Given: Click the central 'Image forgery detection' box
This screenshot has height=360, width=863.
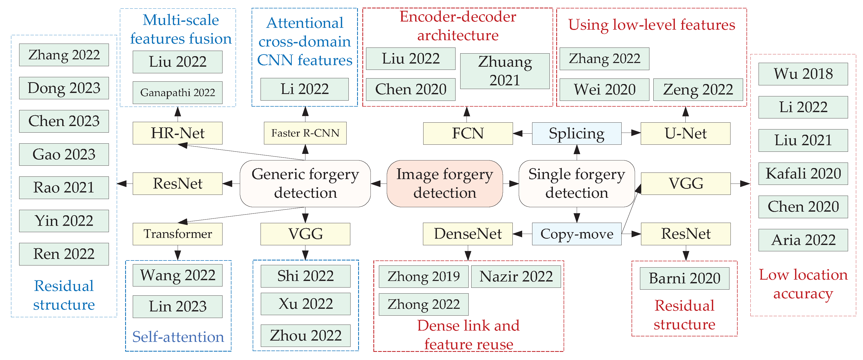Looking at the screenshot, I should (444, 183).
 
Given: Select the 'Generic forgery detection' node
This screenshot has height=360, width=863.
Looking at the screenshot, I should (305, 183).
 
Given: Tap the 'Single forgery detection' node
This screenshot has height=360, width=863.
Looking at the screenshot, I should (576, 183).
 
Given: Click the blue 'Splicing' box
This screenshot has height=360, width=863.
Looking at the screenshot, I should (576, 133).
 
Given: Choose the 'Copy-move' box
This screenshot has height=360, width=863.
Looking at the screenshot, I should (576, 234).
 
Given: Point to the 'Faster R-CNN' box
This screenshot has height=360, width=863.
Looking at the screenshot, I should (305, 133).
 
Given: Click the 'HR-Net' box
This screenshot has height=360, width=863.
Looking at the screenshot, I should (178, 133).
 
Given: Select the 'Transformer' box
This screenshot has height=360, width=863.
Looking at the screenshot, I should (178, 234).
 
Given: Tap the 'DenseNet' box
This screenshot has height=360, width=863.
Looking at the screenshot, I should (468, 234).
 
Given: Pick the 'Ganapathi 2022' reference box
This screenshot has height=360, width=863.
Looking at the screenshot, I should (178, 92).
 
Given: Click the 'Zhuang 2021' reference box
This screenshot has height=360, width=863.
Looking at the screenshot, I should (505, 71).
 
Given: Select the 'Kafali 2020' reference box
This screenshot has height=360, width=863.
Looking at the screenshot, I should (803, 174).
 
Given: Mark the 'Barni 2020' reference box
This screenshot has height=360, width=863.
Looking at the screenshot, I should (684, 278).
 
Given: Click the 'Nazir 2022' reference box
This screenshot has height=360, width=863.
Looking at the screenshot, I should (516, 276).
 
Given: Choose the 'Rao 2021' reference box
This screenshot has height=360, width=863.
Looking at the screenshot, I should (64, 187).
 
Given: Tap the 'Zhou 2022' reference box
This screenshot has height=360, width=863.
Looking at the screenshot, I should (305, 336).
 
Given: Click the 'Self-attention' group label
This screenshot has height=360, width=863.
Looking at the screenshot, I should (178, 337).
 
